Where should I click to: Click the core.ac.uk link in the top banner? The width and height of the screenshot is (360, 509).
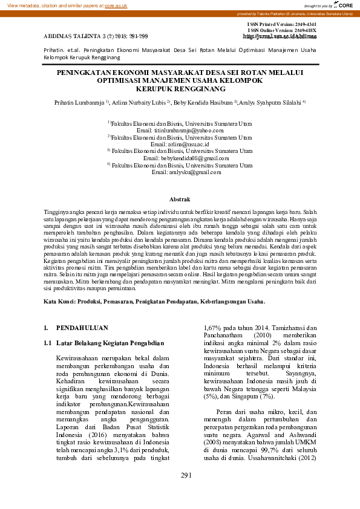(x=116, y=5)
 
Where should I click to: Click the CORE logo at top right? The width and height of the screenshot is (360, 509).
(x=345, y=5)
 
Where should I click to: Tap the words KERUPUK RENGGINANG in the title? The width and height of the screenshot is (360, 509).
(x=180, y=88)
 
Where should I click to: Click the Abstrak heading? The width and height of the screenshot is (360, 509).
(x=180, y=199)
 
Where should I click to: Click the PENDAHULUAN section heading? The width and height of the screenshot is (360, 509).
(x=82, y=328)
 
